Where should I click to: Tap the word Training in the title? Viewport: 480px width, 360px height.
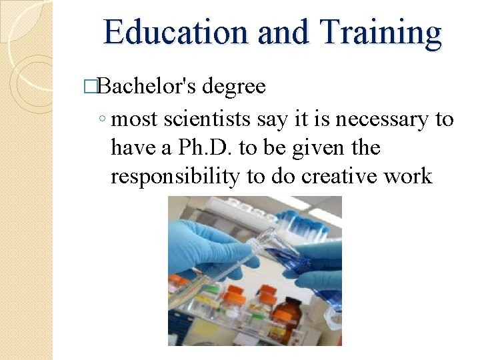pyautogui.click(x=381, y=33)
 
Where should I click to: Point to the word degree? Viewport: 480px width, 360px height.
pyautogui.click(x=233, y=87)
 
